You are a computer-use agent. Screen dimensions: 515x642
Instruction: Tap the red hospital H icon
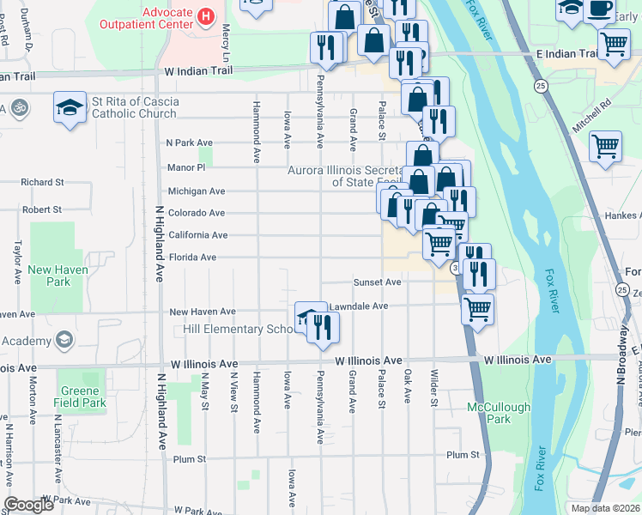(x=205, y=15)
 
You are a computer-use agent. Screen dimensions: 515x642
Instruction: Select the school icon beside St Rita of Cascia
(x=70, y=108)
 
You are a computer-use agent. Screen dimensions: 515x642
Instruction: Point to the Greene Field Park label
(x=83, y=397)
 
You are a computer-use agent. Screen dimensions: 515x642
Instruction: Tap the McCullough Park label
(x=499, y=389)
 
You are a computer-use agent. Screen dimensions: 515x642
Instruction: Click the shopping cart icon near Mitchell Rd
(x=606, y=147)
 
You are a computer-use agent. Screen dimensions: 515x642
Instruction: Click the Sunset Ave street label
(x=378, y=282)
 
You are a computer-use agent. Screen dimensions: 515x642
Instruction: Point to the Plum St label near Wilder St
(x=462, y=430)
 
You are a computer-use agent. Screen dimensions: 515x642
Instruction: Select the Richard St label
(x=42, y=182)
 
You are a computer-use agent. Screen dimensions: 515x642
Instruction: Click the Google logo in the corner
(x=28, y=504)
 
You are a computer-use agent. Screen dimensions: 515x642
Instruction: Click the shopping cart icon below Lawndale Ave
(x=477, y=307)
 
